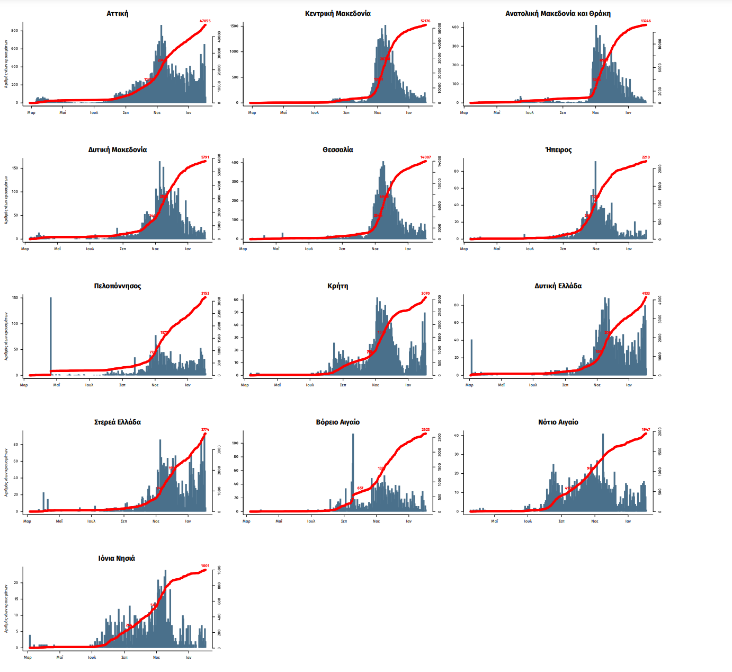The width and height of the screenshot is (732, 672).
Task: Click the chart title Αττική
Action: [x=117, y=14]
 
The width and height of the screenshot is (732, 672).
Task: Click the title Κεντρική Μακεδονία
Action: [x=337, y=14]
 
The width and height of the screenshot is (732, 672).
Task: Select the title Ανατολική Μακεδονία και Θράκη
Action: [x=558, y=14]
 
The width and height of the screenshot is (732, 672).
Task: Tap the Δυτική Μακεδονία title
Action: [x=117, y=150]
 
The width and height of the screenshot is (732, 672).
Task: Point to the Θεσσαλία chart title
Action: [x=337, y=150]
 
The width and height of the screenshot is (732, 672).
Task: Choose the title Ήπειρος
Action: [x=558, y=150]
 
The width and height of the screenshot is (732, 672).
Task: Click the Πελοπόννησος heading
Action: [x=117, y=286]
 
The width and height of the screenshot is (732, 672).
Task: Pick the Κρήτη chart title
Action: [x=337, y=286]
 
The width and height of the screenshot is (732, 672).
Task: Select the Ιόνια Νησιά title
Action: [x=117, y=559]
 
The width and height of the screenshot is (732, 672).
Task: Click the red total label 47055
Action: [x=205, y=21]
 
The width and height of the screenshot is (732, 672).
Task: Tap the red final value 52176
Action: [x=425, y=21]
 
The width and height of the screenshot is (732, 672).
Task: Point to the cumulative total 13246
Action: [x=646, y=21]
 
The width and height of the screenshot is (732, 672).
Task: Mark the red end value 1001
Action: [x=205, y=566]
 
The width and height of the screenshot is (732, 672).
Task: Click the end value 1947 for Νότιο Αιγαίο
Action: [x=646, y=430]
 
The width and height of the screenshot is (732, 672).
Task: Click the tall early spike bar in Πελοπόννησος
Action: [x=51, y=335]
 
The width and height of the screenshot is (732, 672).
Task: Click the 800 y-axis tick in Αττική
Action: [x=15, y=31]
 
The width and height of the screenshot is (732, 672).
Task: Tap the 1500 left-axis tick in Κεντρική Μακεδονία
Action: [x=234, y=26]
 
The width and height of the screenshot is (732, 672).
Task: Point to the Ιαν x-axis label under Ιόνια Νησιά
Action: [x=188, y=658]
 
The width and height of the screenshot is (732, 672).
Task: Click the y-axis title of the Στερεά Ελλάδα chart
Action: [x=6, y=472]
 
